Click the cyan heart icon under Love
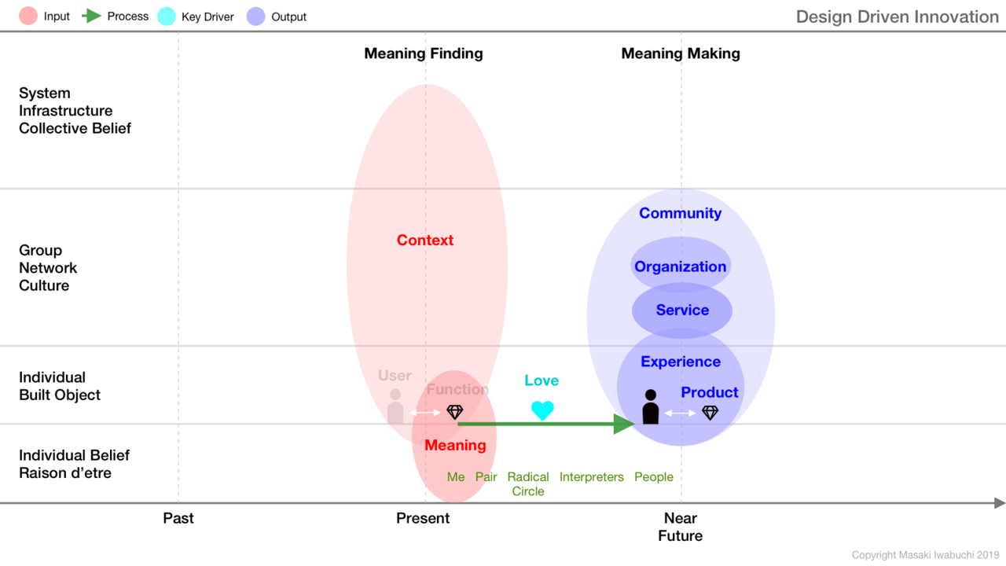click(x=542, y=410)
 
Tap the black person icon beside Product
click(x=650, y=407)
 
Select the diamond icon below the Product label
click(x=710, y=413)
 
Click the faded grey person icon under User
click(x=395, y=406)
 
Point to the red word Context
click(x=425, y=240)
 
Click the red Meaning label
click(x=455, y=445)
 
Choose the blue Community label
click(x=681, y=213)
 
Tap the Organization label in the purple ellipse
click(x=681, y=266)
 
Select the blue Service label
click(x=682, y=310)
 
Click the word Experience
click(x=681, y=362)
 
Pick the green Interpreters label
click(x=592, y=476)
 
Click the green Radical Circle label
click(x=528, y=483)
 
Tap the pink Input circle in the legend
click(x=28, y=17)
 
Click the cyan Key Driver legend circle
click(x=167, y=17)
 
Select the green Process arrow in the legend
click(x=92, y=17)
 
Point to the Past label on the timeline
click(x=178, y=518)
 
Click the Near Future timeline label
click(x=681, y=527)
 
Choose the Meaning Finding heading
click(x=424, y=53)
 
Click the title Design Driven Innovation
click(x=898, y=17)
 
